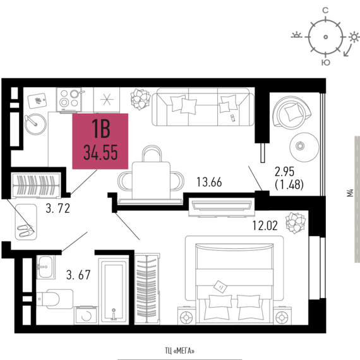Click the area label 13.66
(209, 182)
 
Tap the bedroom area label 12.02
(265, 225)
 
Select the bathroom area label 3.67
(78, 275)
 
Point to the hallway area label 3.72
(58, 208)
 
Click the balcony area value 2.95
(284, 172)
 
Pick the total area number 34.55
(100, 152)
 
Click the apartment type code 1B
(101, 129)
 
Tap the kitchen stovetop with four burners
(69, 100)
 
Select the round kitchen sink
(35, 124)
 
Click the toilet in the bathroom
(55, 299)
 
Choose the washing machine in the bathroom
(86, 315)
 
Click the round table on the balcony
(304, 147)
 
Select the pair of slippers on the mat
(26, 231)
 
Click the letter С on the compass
(325, 10)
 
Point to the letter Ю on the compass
(325, 63)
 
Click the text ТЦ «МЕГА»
(180, 351)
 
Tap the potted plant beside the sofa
(140, 99)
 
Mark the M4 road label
(350, 193)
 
